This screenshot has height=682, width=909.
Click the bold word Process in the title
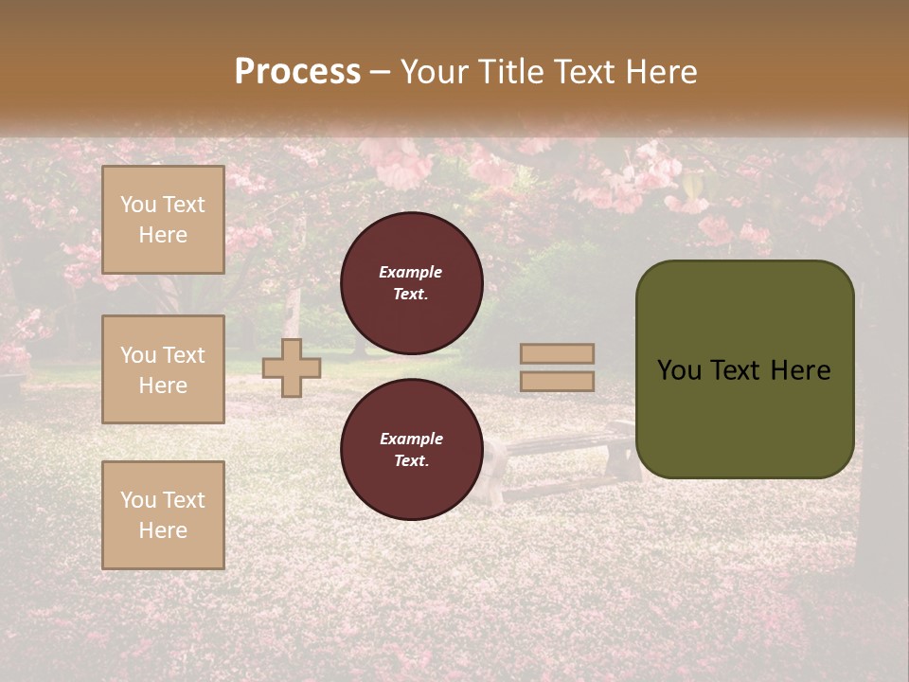point(297,72)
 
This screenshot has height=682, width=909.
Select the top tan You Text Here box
point(163,220)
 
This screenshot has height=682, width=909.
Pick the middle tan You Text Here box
point(163,369)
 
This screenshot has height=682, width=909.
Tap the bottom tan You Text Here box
point(163,515)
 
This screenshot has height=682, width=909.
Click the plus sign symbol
point(291,368)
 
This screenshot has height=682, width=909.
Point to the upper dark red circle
point(411,282)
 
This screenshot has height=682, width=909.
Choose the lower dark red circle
point(411,449)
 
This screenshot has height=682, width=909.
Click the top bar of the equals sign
point(557,353)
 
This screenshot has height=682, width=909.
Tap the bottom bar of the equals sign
point(557,381)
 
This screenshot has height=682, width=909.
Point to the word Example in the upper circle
point(410,272)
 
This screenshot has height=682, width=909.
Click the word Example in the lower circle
point(411,439)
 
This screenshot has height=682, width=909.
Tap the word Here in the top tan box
point(163,235)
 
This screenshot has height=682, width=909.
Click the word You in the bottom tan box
point(138,500)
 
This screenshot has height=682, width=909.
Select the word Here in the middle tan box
point(163,386)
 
